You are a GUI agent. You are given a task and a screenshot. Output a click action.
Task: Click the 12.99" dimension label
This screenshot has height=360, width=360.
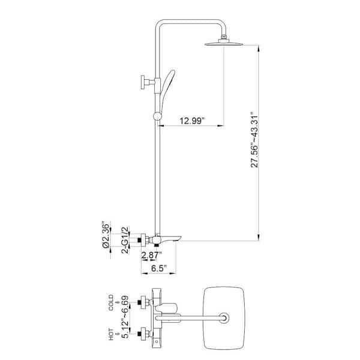[x=192, y=121]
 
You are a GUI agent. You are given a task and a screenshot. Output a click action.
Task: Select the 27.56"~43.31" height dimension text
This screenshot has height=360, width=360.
[x=254, y=140]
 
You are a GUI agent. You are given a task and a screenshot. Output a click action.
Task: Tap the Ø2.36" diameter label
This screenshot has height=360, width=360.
[x=106, y=235]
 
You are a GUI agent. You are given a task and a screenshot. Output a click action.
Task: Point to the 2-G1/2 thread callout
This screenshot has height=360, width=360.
[x=125, y=239]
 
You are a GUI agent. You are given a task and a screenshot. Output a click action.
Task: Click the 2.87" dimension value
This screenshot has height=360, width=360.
[x=151, y=255]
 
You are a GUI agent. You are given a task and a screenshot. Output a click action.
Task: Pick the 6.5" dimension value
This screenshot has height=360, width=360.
[x=159, y=268]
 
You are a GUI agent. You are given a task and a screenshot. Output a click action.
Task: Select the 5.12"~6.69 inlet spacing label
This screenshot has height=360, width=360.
[x=126, y=320]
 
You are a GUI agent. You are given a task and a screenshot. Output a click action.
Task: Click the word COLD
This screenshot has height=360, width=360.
[x=111, y=302]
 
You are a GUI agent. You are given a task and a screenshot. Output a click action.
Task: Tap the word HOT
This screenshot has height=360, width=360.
[x=111, y=334]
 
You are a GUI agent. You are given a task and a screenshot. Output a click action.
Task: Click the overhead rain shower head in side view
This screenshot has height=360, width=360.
[x=224, y=43]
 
